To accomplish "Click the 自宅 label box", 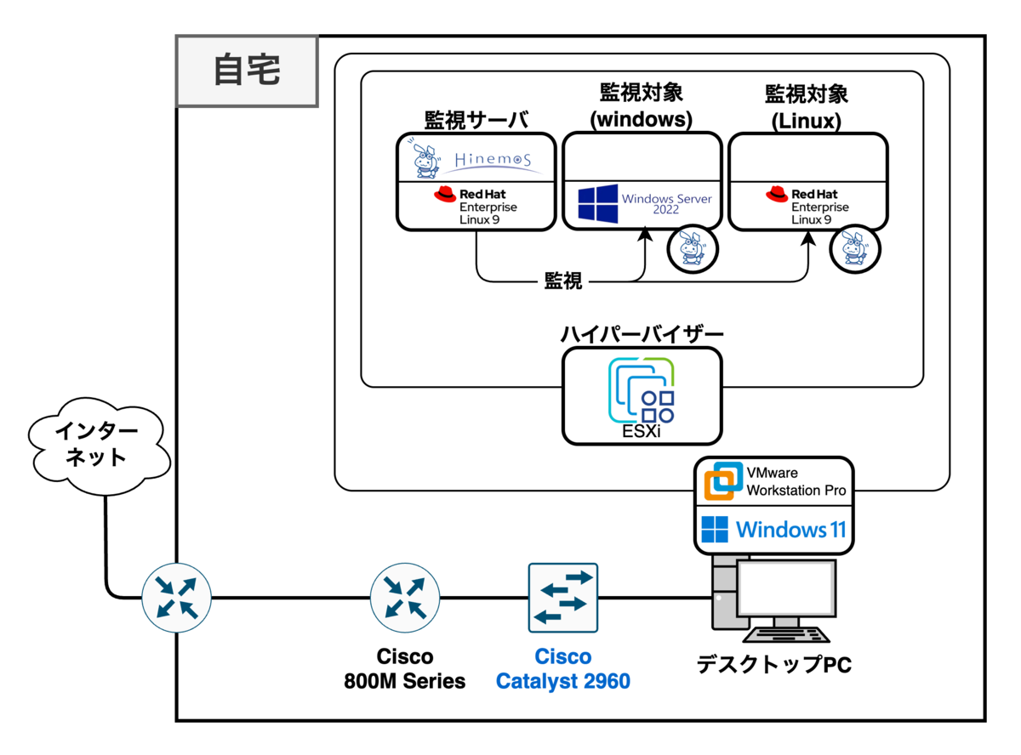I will point(247,71).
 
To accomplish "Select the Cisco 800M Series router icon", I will point(405,598).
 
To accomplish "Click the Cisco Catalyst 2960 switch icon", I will point(563,598).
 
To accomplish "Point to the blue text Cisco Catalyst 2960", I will point(563,669).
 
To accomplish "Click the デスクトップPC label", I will point(773,664).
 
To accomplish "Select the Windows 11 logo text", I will point(773,530).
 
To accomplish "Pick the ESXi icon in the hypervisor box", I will point(642,391).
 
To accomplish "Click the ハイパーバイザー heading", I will point(642,333).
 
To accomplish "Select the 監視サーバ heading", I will point(476,120).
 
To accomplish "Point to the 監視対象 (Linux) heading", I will point(807,106).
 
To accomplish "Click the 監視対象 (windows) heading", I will point(642,106).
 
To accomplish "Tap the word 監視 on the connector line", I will point(563,281).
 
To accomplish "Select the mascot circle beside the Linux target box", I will point(855,248).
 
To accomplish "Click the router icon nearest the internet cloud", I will point(175,598).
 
